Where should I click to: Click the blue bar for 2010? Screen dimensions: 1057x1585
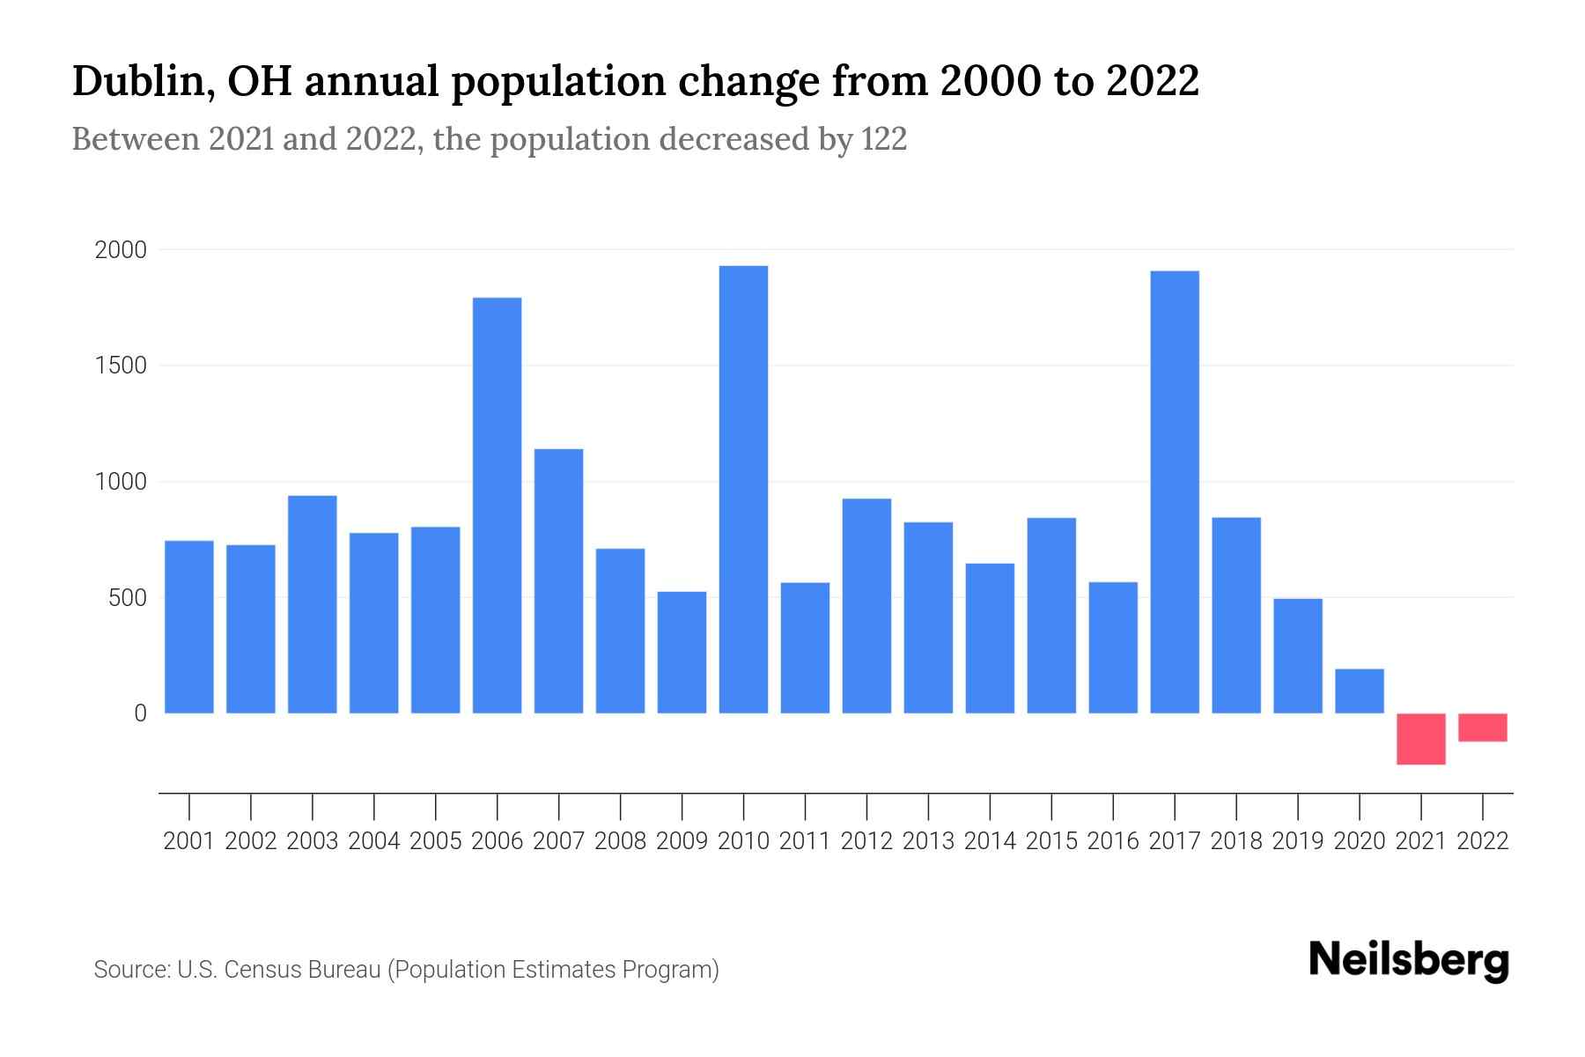click(743, 490)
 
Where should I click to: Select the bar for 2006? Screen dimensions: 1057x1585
click(497, 506)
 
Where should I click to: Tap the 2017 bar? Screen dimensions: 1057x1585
click(1175, 492)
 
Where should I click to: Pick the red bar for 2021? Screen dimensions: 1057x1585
click(1420, 739)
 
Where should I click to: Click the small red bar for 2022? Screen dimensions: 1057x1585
click(1483, 728)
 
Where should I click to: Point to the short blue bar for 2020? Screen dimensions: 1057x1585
click(1359, 691)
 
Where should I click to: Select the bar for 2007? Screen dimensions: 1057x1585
click(558, 581)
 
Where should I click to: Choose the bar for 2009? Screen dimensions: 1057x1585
click(682, 653)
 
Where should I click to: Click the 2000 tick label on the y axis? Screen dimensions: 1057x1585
click(121, 250)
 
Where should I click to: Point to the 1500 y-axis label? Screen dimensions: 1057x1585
click(121, 366)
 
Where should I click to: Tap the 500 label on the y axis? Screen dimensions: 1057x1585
click(127, 598)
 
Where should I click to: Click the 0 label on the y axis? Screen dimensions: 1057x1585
click(140, 713)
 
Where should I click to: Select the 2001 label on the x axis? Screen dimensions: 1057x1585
click(189, 841)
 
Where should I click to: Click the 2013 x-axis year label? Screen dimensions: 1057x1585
click(928, 841)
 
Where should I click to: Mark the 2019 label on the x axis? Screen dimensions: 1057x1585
click(1298, 841)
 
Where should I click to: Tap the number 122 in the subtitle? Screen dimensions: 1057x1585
click(884, 139)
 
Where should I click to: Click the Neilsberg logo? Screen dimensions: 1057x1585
click(1409, 960)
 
